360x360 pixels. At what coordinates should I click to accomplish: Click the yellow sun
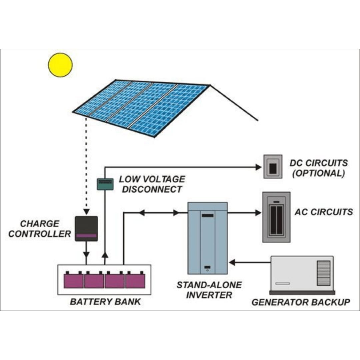point(60,65)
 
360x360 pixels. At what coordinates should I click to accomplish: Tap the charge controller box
point(86,228)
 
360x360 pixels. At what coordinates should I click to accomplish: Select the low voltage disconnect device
point(105,184)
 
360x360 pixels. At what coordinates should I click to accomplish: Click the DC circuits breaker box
point(273,167)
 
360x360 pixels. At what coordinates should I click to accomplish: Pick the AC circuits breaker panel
point(276,217)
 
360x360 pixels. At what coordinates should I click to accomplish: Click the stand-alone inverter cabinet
point(207,238)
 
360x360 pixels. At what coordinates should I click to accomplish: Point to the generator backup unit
point(302,275)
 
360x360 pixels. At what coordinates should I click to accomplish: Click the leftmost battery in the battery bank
point(74,280)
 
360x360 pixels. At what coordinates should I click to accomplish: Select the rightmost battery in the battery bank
point(135,280)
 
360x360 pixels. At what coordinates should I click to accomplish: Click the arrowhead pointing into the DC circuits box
point(258,167)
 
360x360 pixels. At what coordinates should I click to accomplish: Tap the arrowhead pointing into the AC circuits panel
point(258,213)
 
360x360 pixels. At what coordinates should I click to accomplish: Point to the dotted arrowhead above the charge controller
point(86,212)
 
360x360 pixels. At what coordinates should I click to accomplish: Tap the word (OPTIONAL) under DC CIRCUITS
point(318,174)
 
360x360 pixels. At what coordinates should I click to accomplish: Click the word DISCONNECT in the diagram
point(152,189)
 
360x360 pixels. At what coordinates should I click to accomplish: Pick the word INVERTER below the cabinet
point(209,295)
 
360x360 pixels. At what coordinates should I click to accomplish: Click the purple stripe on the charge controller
point(86,236)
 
